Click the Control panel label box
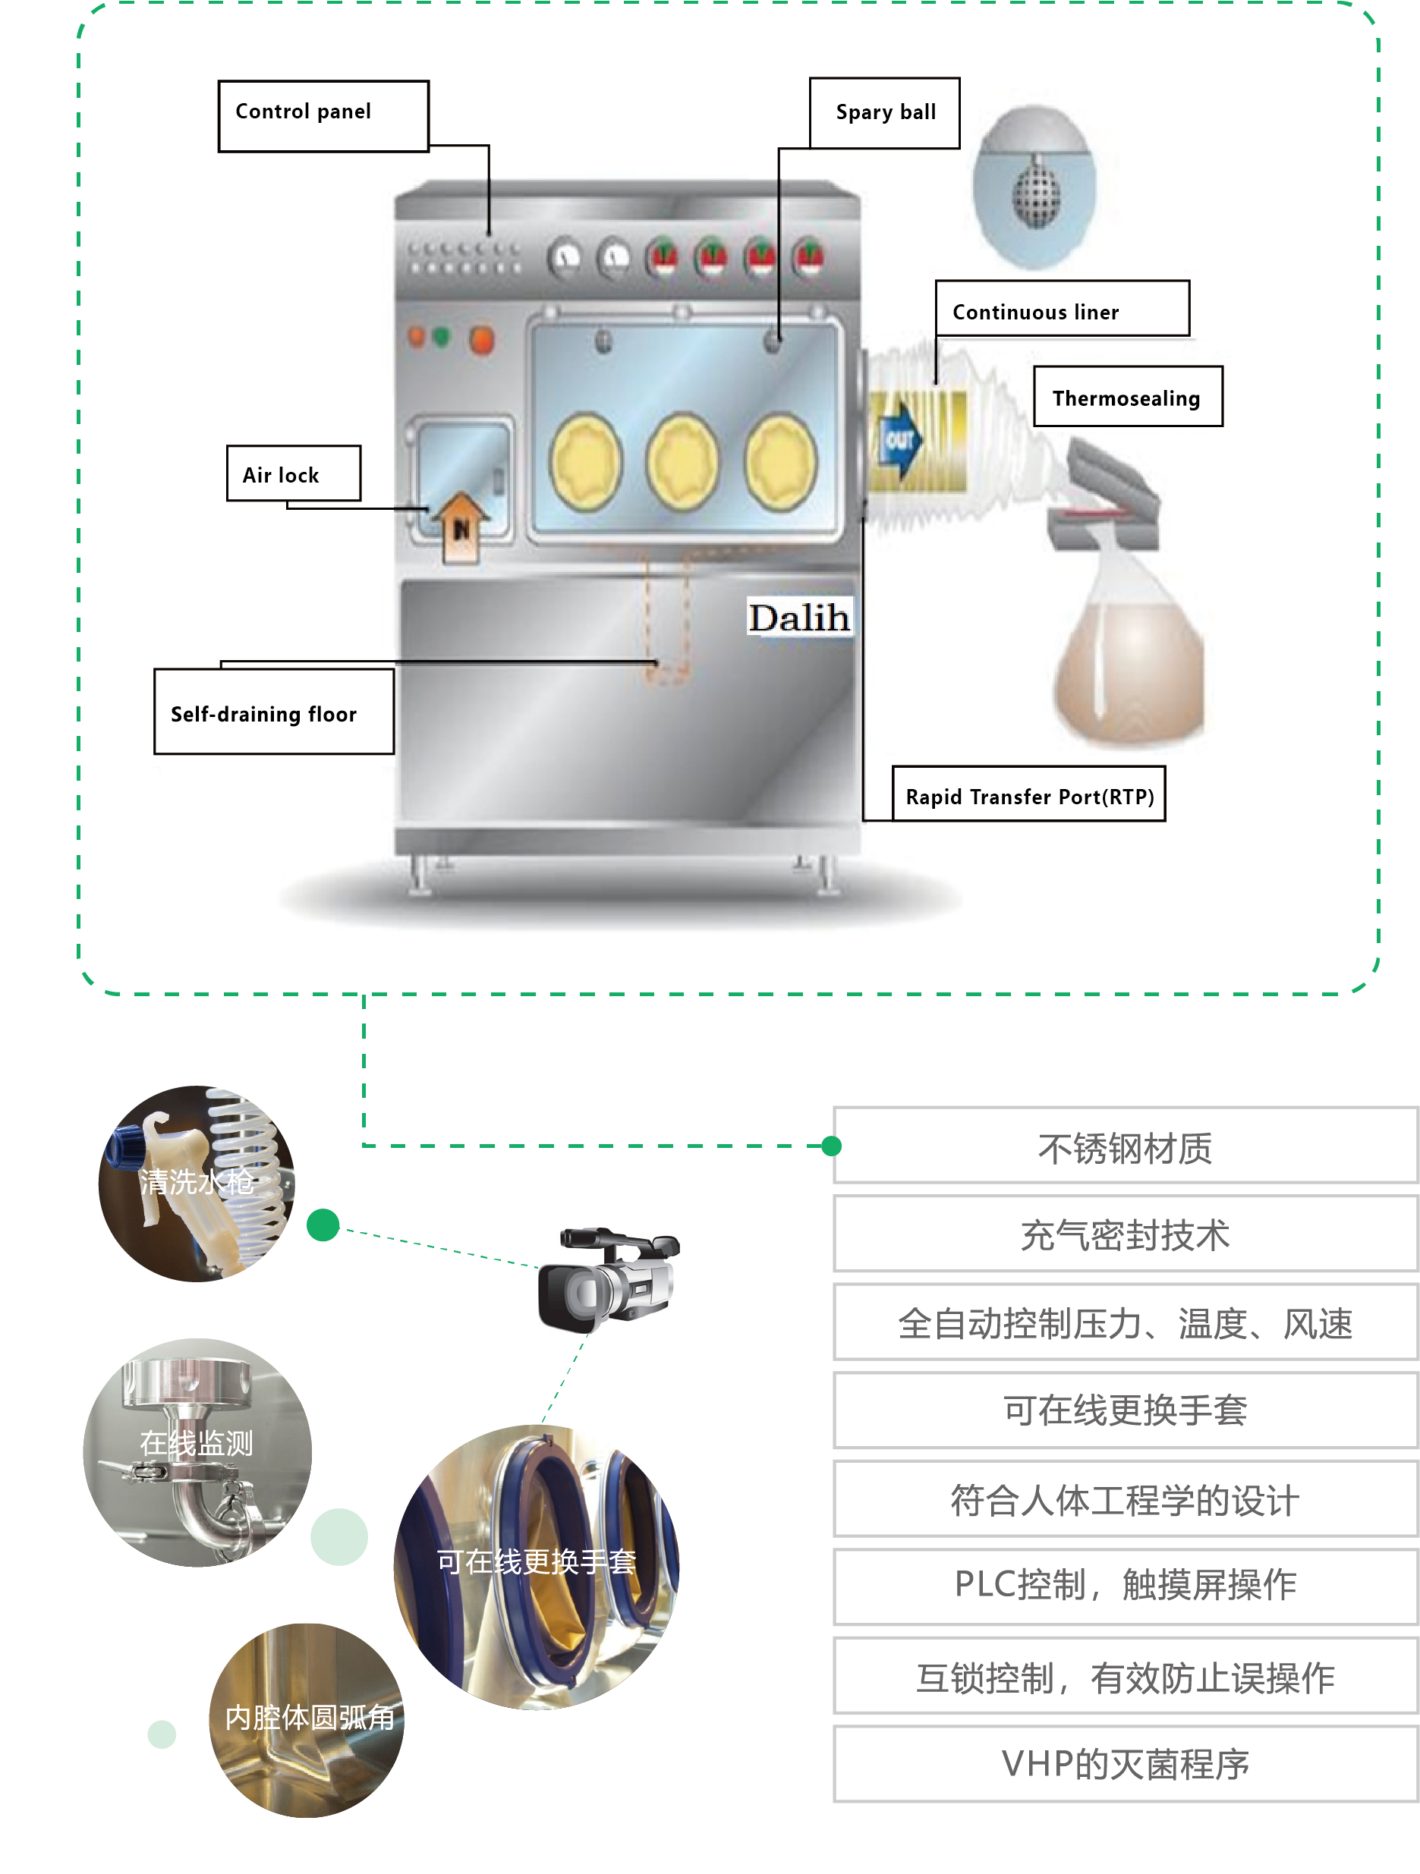point(323,115)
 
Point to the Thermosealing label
point(1127,397)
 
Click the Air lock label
point(293,473)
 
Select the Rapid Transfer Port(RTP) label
point(1028,794)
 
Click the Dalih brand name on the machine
point(798,617)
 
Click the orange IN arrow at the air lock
point(460,525)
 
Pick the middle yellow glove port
point(682,462)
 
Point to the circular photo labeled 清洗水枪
point(197,1183)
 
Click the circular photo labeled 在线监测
point(197,1451)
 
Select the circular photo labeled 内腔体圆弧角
point(306,1720)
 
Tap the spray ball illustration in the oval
point(1034,190)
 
